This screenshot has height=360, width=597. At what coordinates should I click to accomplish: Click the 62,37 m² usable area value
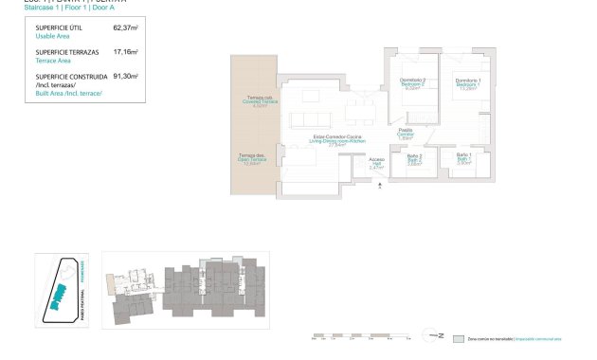(x=125, y=28)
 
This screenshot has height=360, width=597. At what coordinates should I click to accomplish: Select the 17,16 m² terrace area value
(x=125, y=52)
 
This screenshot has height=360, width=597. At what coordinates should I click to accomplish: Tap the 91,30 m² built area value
(x=125, y=76)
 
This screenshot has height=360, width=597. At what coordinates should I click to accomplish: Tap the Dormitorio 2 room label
(x=412, y=81)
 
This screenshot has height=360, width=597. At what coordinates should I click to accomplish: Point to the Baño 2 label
(x=413, y=156)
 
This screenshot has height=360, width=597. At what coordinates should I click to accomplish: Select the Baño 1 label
(x=463, y=156)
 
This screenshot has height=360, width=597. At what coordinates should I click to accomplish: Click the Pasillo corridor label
(x=405, y=133)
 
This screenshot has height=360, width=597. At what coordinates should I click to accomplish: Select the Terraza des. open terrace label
(x=251, y=157)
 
